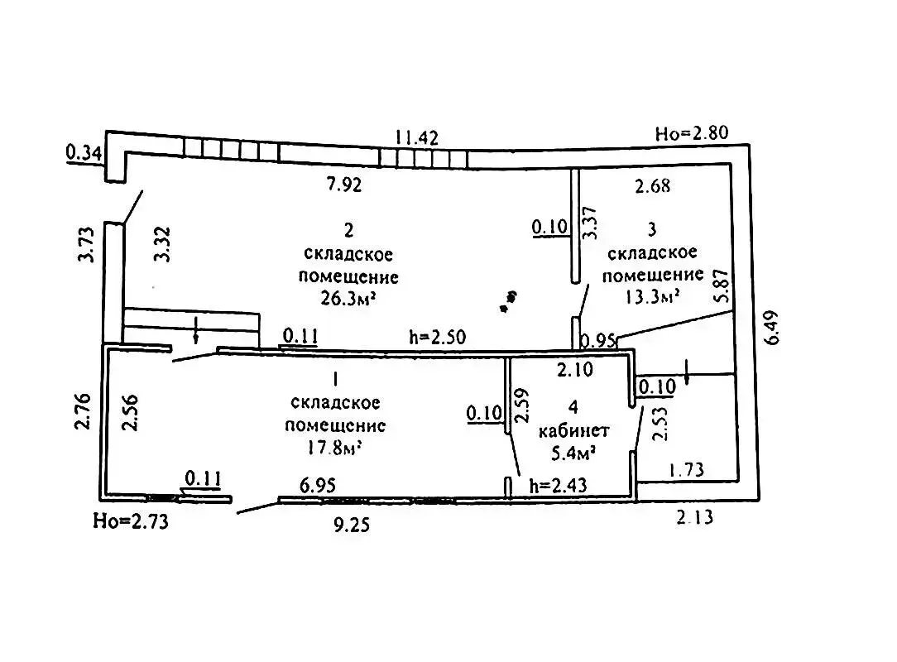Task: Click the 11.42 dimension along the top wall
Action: click(x=417, y=137)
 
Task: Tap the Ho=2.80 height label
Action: click(x=690, y=133)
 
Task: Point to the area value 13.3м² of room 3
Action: click(x=653, y=294)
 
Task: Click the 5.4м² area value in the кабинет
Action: click(x=573, y=452)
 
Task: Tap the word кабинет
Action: click(x=573, y=430)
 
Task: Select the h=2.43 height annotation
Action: click(x=558, y=486)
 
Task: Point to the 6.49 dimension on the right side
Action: click(x=773, y=328)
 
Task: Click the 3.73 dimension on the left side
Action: click(x=84, y=246)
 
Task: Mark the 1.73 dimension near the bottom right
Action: click(x=686, y=471)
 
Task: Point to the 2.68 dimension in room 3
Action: click(x=652, y=186)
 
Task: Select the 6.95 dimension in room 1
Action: click(x=318, y=486)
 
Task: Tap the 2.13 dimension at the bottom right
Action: click(x=693, y=518)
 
